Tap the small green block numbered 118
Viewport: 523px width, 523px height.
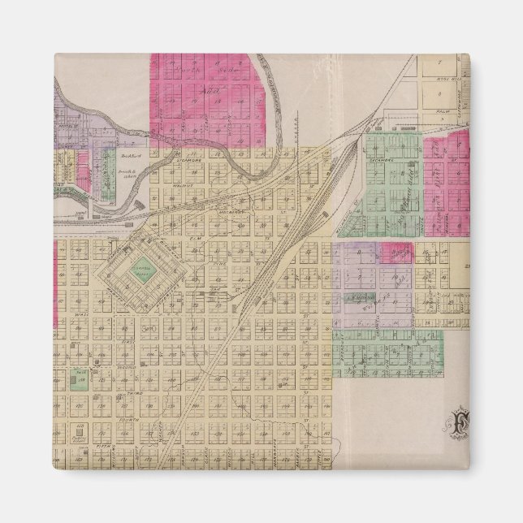click(x=80, y=378)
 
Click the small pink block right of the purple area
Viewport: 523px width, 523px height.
click(x=396, y=253)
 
